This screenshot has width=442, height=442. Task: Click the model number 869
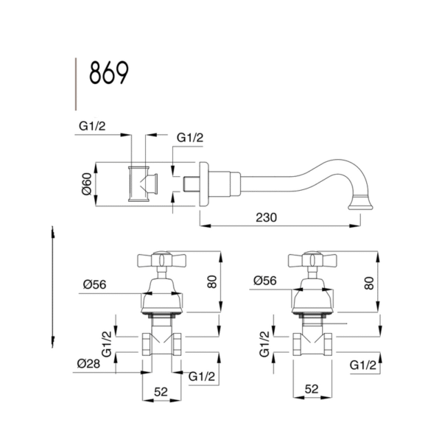click(109, 73)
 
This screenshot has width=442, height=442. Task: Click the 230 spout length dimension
click(266, 217)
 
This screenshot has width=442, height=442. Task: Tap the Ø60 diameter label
click(87, 183)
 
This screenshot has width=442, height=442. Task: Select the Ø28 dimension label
click(88, 364)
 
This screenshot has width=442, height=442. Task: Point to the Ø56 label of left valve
click(95, 284)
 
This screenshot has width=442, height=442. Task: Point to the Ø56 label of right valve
click(265, 281)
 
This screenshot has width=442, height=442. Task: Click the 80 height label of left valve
click(212, 282)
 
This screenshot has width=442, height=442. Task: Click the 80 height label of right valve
click(369, 284)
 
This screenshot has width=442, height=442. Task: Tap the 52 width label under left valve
click(161, 392)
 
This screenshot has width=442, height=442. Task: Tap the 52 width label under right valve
click(312, 389)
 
